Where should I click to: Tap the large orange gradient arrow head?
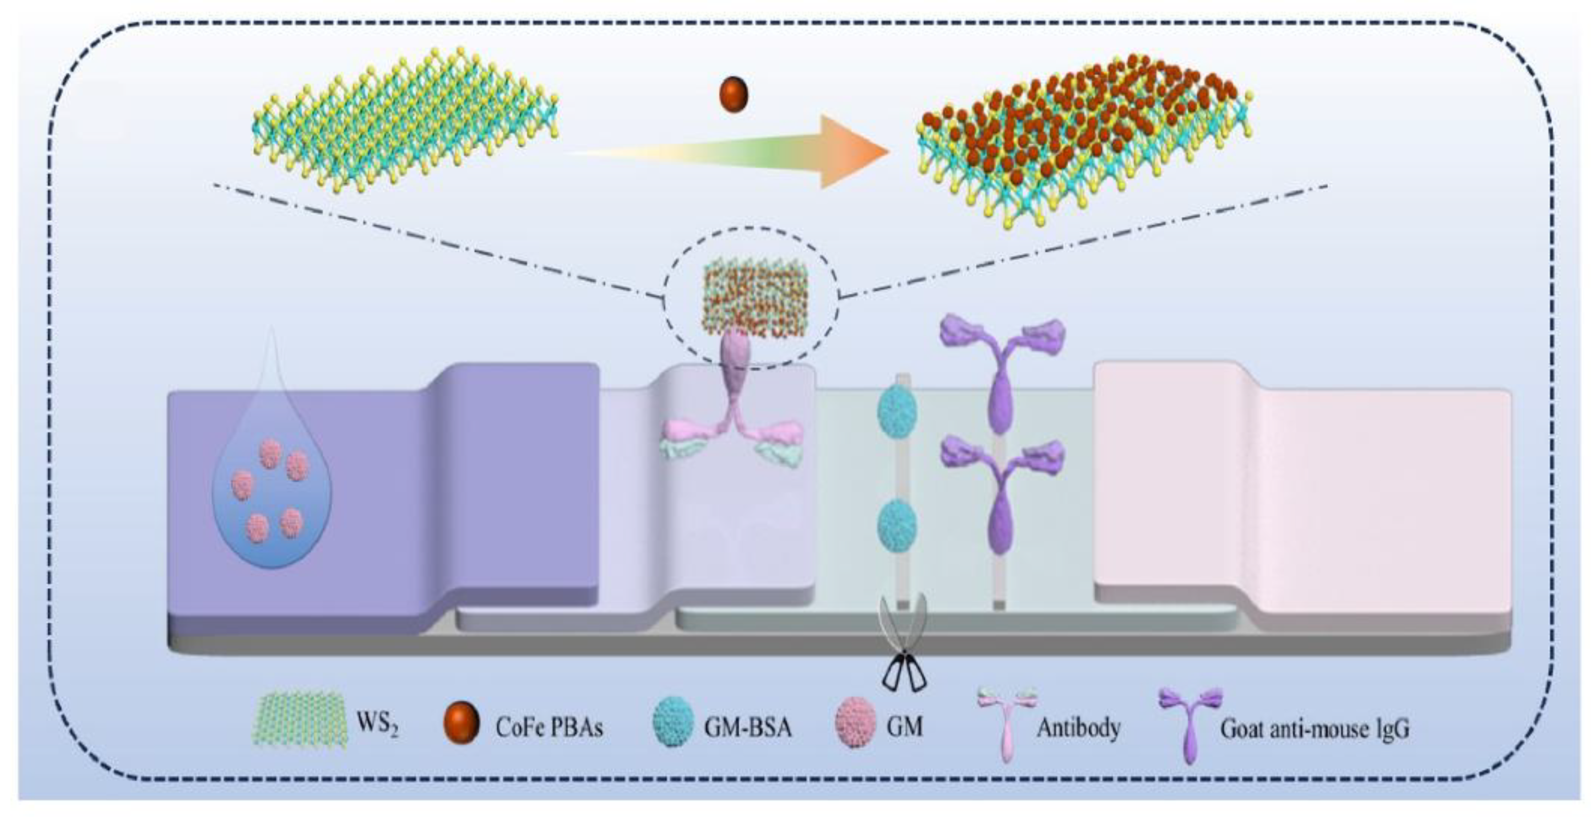click(x=852, y=151)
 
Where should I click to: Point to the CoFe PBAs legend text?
click(x=549, y=727)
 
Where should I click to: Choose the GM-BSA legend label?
click(x=747, y=727)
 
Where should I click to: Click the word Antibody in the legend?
click(x=1078, y=727)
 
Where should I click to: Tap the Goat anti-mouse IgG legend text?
click(x=1315, y=729)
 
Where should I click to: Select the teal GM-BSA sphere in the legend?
click(x=672, y=726)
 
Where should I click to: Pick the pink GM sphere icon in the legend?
click(x=855, y=726)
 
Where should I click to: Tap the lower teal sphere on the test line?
click(x=897, y=526)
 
